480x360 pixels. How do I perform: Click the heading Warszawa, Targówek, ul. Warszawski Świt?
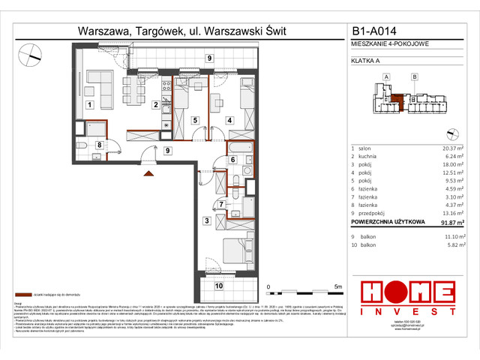tap(182, 32)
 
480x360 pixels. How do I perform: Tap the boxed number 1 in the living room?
tap(88, 106)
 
